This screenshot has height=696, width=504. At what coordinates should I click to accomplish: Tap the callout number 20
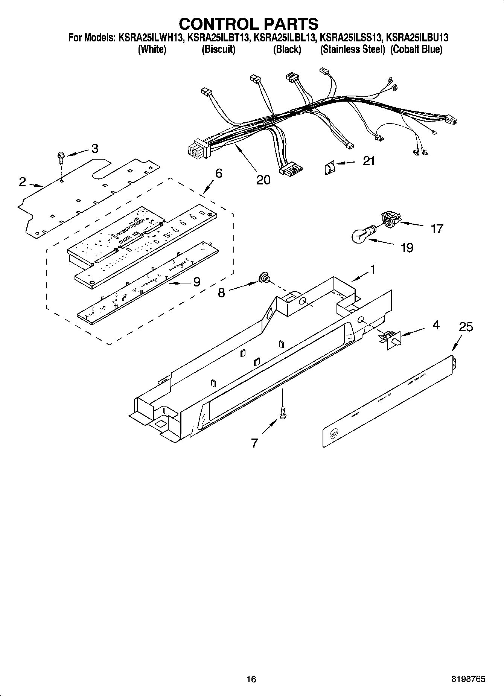click(263, 180)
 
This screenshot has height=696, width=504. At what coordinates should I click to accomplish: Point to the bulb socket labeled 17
click(391, 219)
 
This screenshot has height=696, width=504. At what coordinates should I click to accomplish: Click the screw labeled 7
click(282, 413)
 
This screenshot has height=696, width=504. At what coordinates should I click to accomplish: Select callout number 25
click(466, 327)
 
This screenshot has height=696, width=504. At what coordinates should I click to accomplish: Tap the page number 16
click(251, 679)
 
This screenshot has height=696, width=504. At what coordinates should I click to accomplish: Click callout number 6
click(218, 173)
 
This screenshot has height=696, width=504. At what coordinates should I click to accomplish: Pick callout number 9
click(196, 282)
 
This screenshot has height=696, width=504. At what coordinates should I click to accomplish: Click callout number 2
click(23, 182)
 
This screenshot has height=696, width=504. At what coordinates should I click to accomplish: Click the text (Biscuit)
click(218, 49)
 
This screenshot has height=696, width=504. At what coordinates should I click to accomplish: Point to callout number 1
click(372, 269)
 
